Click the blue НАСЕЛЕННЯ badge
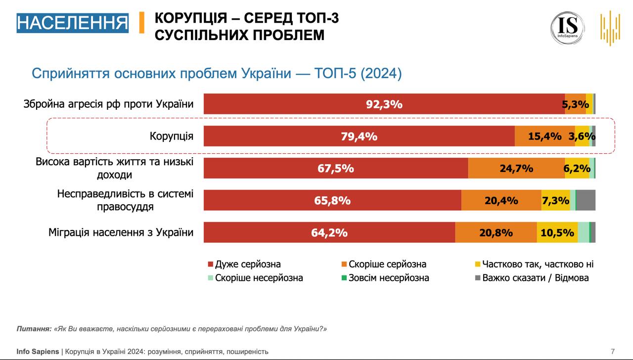(x=72, y=23)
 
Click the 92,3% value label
(x=384, y=104)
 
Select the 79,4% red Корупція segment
(x=359, y=136)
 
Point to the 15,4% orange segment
(x=544, y=136)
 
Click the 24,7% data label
(x=516, y=168)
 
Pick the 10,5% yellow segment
(x=557, y=232)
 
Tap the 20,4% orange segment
(x=501, y=200)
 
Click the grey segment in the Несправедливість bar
(x=586, y=200)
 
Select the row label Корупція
(x=172, y=136)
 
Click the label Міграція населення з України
(x=121, y=232)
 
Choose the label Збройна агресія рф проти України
(x=108, y=104)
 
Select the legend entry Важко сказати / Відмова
(x=535, y=278)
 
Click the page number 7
(x=613, y=352)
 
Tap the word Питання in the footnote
(x=33, y=329)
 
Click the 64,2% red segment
(x=329, y=232)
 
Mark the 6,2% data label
(x=577, y=168)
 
